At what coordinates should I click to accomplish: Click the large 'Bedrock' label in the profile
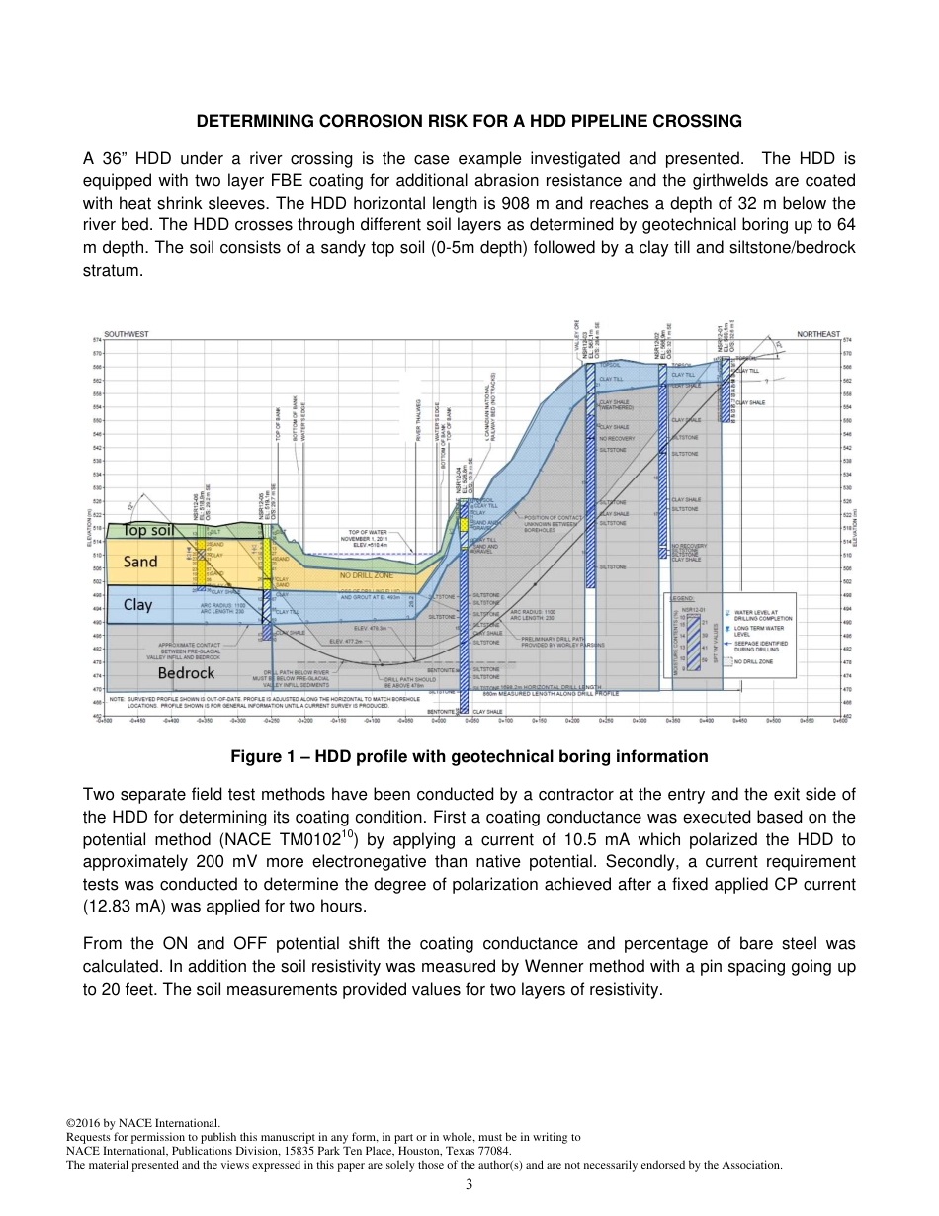tap(186, 673)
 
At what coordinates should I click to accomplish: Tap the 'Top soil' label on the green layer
tap(149, 530)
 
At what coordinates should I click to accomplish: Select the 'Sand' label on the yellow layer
tap(139, 562)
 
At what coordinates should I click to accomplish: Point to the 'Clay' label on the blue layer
tap(137, 604)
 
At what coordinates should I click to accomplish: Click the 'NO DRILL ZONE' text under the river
tap(366, 574)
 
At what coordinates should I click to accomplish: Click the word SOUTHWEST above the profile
tap(127, 334)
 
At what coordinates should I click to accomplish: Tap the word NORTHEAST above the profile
tap(817, 334)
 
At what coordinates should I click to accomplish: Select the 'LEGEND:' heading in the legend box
tap(682, 599)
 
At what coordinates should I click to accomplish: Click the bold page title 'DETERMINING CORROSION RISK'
tap(469, 121)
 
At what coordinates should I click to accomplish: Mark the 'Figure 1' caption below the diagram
tap(469, 756)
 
